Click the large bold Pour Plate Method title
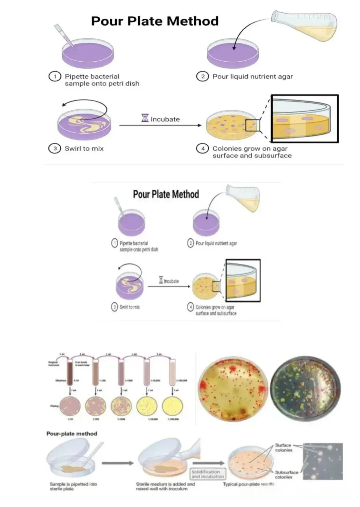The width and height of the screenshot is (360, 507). pyautogui.click(x=155, y=21)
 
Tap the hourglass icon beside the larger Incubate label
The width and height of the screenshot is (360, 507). pyautogui.click(x=145, y=118)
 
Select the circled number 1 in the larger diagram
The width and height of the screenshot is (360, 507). pyautogui.click(x=55, y=76)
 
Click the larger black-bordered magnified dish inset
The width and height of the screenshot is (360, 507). pyautogui.click(x=305, y=119)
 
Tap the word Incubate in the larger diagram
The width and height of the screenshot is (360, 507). pyautogui.click(x=165, y=119)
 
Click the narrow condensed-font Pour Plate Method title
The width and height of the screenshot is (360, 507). pyautogui.click(x=166, y=194)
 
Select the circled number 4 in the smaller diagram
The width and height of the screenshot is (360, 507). pyautogui.click(x=191, y=307)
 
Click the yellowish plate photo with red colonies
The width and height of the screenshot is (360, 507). pyautogui.click(x=233, y=389)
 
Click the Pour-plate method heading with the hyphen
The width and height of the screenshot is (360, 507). pyautogui.click(x=72, y=434)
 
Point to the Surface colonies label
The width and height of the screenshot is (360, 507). pyautogui.click(x=283, y=448)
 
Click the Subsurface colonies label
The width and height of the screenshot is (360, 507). pyautogui.click(x=286, y=475)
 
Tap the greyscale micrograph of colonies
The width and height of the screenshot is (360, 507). pyautogui.click(x=323, y=461)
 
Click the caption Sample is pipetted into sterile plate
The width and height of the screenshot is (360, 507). pyautogui.click(x=73, y=486)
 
